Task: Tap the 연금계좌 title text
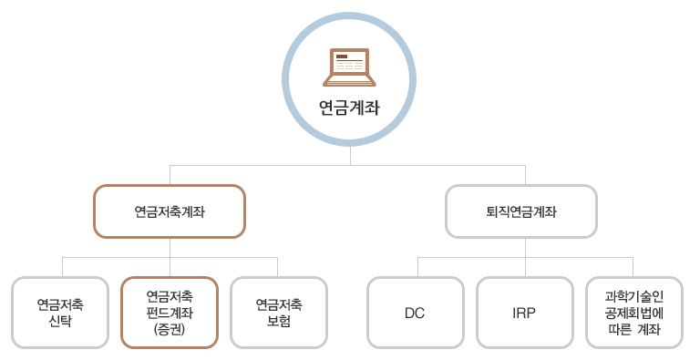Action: (349, 108)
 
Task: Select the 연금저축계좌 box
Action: (170, 211)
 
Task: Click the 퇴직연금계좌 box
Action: (521, 211)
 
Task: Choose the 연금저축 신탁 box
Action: (60, 313)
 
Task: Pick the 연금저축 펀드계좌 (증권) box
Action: (170, 313)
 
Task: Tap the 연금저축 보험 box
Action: (279, 313)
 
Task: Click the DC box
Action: (415, 313)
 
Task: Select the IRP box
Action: (524, 313)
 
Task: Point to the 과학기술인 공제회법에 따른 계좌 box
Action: (633, 313)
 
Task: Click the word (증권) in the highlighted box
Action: (170, 330)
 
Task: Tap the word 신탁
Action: (60, 321)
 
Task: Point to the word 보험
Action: (279, 321)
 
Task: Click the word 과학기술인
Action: (633, 296)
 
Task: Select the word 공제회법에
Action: (633, 313)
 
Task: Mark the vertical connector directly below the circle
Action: (350, 156)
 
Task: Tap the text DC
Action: (415, 313)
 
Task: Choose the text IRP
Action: (524, 313)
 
